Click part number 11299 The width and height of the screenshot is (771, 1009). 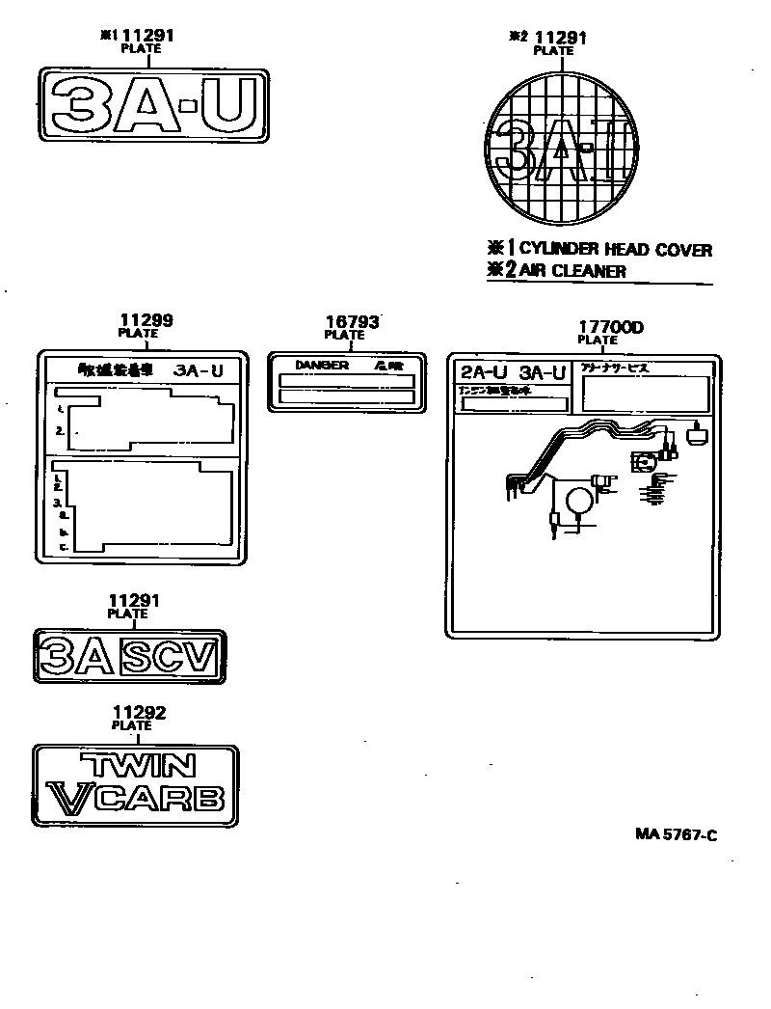[x=146, y=321]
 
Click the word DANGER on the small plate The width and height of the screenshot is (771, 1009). [x=322, y=367]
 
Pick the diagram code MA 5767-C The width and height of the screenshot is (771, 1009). [x=676, y=835]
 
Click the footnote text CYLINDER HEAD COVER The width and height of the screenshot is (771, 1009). [x=616, y=251]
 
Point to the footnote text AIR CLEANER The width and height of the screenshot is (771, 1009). [x=572, y=272]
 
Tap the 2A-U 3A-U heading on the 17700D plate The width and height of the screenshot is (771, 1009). [x=512, y=373]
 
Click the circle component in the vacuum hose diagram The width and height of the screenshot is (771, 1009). [x=580, y=500]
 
